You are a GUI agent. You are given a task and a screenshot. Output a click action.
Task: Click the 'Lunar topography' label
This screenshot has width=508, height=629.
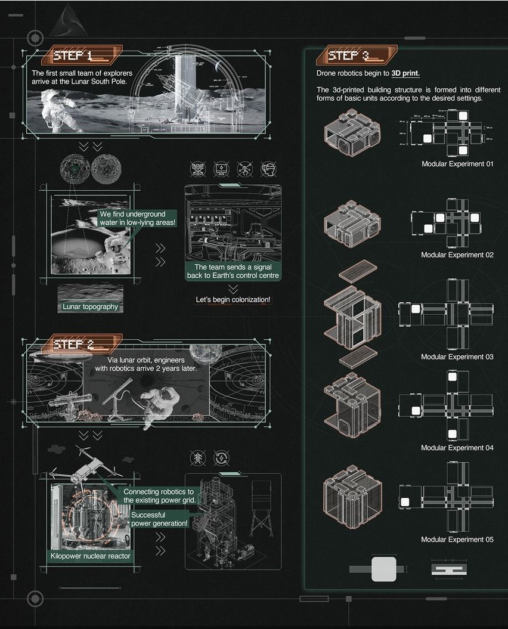pos(91,306)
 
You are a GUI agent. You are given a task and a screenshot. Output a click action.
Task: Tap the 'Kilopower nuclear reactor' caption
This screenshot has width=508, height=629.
pos(89,556)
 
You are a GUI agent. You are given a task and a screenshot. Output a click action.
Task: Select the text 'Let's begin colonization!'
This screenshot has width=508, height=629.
pos(233,299)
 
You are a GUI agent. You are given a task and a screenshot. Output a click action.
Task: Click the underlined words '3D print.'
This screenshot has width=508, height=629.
pos(405,73)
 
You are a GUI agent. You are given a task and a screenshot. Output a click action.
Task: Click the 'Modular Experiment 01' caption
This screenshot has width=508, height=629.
pos(457,164)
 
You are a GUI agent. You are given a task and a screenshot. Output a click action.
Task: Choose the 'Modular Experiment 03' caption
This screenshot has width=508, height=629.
pos(457,357)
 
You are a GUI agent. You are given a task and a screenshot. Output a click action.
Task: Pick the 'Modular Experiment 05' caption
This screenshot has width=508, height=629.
pos(457,540)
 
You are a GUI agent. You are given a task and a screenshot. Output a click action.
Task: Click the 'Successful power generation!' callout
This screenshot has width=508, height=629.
pos(159,519)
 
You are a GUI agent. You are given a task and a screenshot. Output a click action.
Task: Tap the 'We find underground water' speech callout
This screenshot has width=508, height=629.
pos(137,218)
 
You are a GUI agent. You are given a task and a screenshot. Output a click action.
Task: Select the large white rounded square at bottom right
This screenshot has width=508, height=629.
pos(383,569)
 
